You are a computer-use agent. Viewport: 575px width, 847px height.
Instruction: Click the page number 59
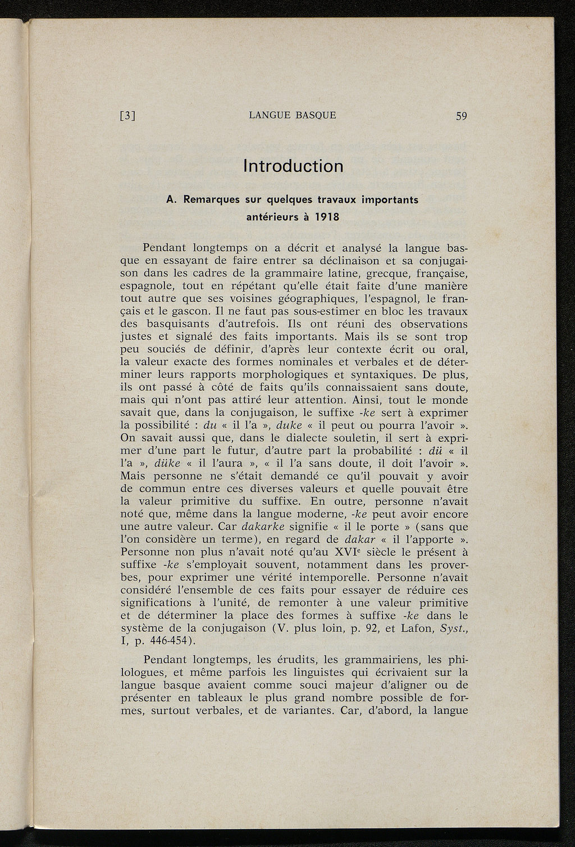pyautogui.click(x=462, y=116)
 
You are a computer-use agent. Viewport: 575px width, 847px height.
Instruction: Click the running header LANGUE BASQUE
pyautogui.click(x=293, y=116)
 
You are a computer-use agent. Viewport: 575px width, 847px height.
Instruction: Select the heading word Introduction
pyautogui.click(x=293, y=166)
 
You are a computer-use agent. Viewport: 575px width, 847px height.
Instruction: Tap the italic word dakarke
pyautogui.click(x=263, y=527)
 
